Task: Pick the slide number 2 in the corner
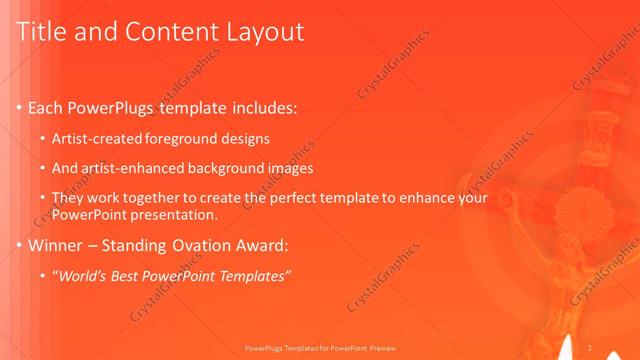pyautogui.click(x=592, y=348)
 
